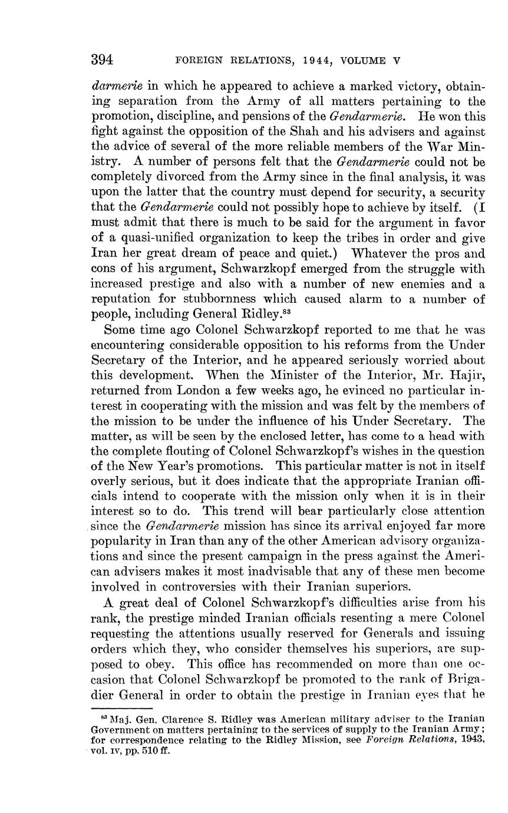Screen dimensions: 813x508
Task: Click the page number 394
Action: [x=102, y=60]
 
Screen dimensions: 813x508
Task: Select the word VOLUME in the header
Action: [x=365, y=61]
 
